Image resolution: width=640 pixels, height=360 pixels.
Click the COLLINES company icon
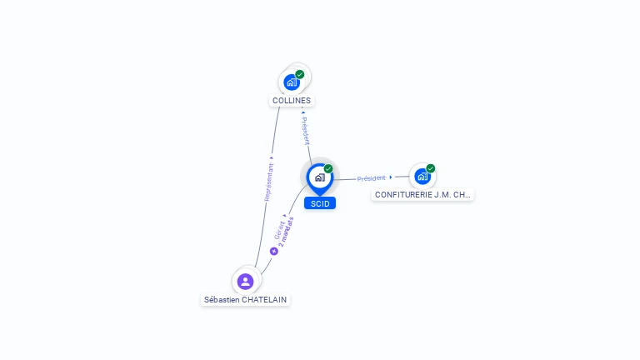pos(291,82)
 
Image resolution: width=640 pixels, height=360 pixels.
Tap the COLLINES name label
pos(292,101)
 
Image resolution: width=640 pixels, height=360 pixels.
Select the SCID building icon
pos(319,177)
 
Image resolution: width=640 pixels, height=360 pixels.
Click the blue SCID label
pos(320,203)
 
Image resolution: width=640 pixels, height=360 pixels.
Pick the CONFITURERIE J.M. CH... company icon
pos(422,176)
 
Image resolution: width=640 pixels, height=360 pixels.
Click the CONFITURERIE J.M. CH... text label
pos(422,195)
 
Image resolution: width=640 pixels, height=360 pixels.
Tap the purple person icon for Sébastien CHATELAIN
pos(245,281)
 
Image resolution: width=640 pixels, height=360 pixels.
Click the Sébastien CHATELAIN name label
pos(246,299)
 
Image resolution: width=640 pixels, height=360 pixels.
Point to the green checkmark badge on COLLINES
pos(300,74)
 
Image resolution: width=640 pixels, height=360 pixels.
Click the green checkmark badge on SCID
pos(328,168)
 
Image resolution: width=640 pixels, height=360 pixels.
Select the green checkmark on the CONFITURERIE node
pos(431,168)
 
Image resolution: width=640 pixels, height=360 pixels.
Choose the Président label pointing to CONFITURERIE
pos(372,178)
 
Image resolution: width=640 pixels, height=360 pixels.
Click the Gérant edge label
pos(279,227)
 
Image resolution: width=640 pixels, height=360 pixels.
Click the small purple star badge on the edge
pos(273,251)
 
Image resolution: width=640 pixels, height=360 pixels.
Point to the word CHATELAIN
pos(264,299)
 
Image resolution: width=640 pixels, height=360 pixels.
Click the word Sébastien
pos(222,299)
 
